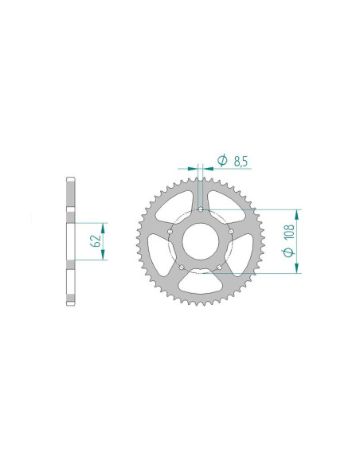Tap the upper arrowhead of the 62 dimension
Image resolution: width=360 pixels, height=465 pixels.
tap(104, 225)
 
